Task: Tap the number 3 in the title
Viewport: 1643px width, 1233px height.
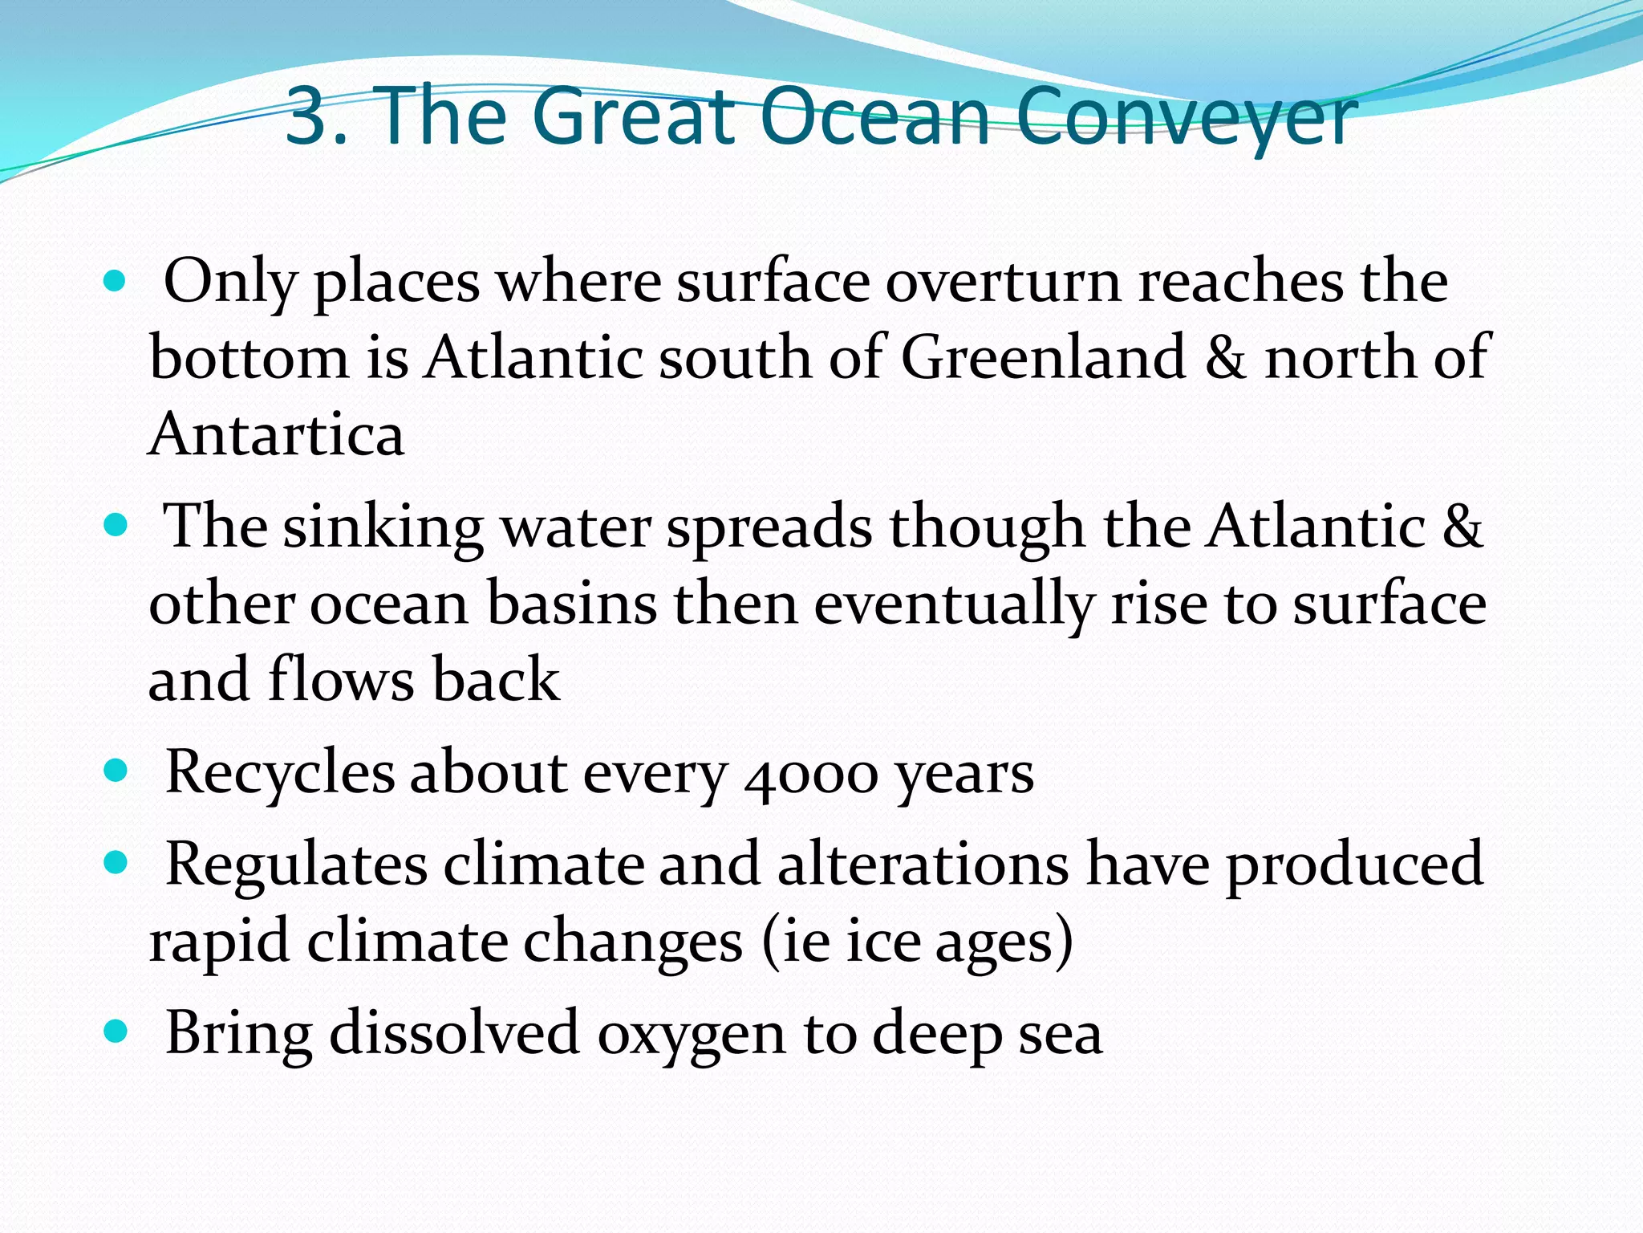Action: (309, 118)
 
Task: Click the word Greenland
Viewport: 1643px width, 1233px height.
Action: (1043, 357)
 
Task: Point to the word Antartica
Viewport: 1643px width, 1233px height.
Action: (277, 434)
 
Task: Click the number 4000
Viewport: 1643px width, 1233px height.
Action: (810, 775)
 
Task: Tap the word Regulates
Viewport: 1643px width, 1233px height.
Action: (296, 865)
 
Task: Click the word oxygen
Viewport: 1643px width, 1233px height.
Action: (691, 1036)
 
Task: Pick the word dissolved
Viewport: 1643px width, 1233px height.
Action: (454, 1034)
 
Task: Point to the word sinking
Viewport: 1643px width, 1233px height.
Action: (383, 528)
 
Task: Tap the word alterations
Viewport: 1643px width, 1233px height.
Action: (923, 865)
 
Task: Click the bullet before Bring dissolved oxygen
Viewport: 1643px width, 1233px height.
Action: (116, 1031)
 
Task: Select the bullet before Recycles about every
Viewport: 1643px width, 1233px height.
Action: (116, 772)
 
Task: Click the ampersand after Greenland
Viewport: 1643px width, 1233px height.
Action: (1225, 357)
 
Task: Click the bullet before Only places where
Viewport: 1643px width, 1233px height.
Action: (116, 281)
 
